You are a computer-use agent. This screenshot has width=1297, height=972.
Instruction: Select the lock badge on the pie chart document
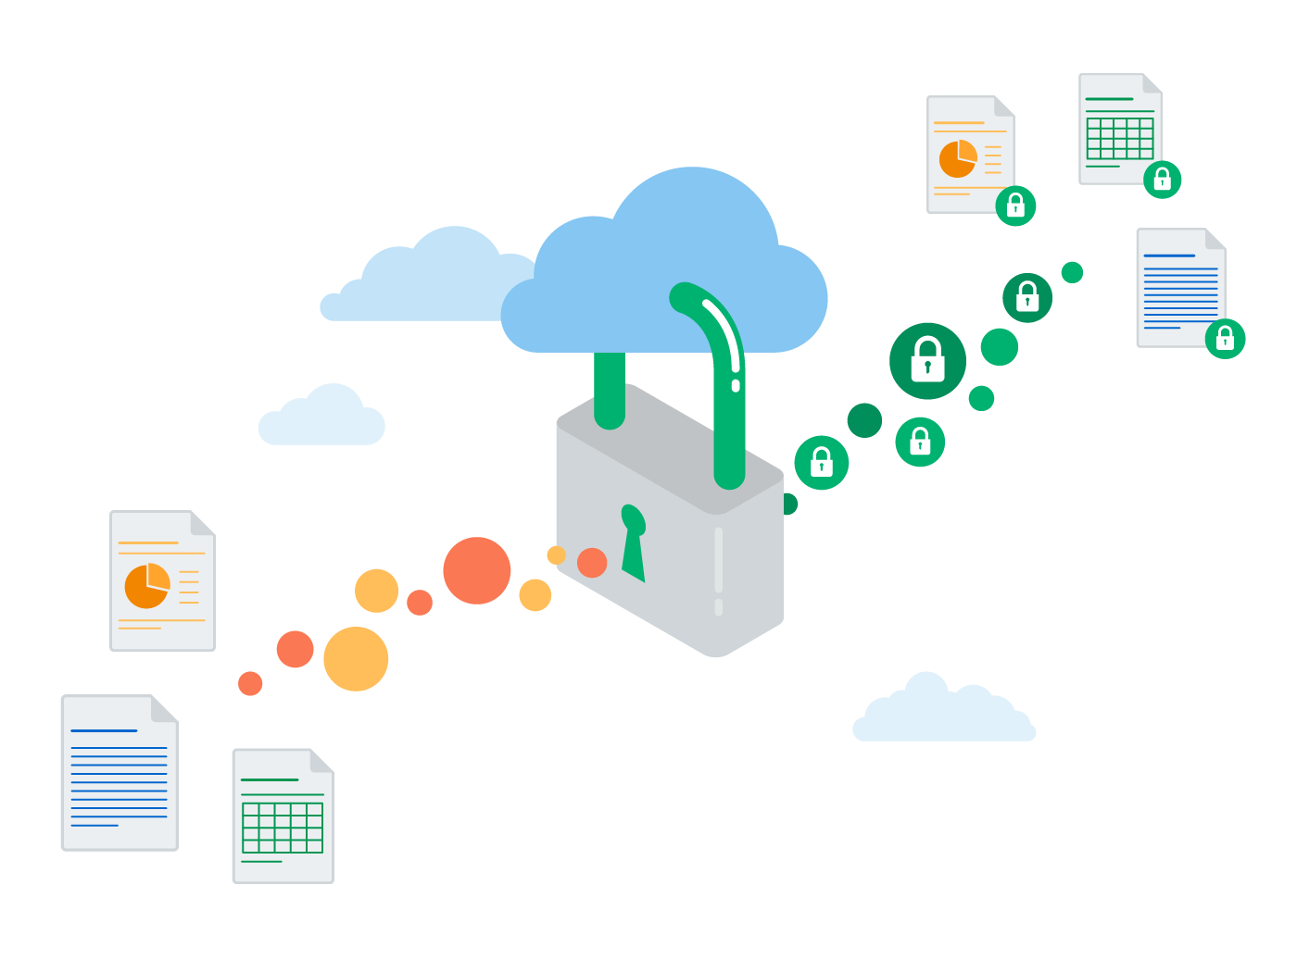1015,205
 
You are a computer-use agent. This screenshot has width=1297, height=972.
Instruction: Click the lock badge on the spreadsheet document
1162,179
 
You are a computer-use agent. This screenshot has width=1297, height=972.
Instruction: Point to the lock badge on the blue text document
1225,337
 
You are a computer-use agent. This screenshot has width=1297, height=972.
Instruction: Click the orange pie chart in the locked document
958,159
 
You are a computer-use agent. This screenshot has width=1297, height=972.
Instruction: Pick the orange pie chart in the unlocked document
147,585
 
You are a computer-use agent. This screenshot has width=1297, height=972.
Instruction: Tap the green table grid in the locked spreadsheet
1120,139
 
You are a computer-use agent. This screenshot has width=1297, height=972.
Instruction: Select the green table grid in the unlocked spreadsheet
283,828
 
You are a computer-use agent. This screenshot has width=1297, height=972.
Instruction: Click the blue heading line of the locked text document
1169,255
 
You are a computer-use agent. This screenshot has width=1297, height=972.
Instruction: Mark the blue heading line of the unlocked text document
104,731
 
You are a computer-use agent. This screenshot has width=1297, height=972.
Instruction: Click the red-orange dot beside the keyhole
592,562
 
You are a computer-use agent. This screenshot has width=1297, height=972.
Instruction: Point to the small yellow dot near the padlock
556,555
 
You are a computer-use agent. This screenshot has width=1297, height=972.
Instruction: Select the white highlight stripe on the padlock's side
719,560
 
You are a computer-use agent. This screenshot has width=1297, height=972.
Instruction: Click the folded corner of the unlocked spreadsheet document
321,760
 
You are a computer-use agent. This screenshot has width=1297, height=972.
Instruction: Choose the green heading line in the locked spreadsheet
1109,99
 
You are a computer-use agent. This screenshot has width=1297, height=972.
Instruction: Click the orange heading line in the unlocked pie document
148,542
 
